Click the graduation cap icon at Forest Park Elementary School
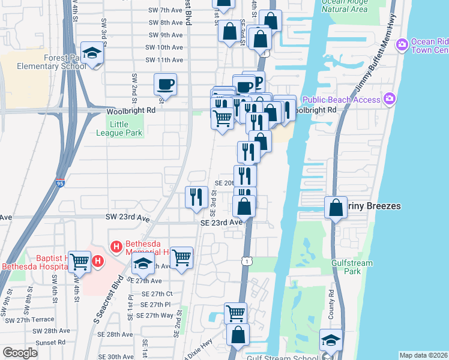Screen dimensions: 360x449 (92, 55)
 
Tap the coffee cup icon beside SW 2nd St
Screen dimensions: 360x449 (165, 84)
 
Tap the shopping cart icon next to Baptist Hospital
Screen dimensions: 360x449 (79, 261)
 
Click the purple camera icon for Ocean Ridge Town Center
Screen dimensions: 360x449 (401, 44)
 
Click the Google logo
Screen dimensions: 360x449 (20, 353)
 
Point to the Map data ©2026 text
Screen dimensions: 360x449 (423, 355)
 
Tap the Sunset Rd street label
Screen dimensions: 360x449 (51, 342)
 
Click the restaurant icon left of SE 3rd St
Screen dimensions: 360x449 (196, 197)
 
